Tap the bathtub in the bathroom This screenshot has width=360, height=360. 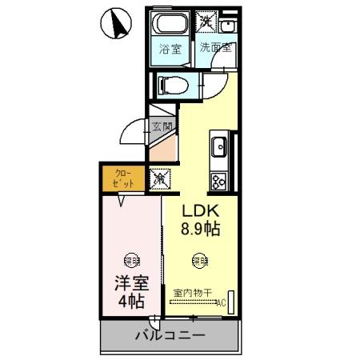(x=170, y=24)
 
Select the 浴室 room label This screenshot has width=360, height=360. (x=170, y=49)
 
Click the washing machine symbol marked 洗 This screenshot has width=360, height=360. (x=207, y=22)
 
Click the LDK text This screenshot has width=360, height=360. (x=199, y=211)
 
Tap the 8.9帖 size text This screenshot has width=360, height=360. (x=199, y=229)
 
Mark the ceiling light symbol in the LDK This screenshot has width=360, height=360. (x=198, y=258)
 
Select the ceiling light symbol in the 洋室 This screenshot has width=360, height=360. (x=130, y=258)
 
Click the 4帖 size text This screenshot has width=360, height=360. (x=130, y=302)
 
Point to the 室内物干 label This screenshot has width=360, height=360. (x=192, y=293)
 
